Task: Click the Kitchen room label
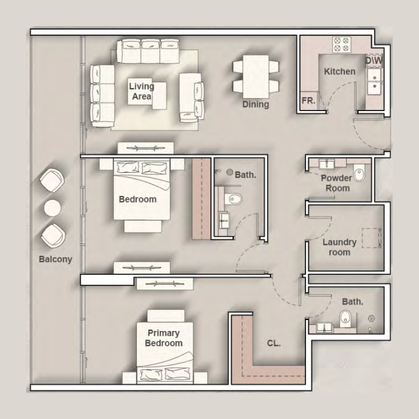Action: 339,71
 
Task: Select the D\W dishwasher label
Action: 374,61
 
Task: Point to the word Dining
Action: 256,104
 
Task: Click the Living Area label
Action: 141,91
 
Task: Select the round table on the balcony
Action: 53,208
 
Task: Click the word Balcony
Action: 55,259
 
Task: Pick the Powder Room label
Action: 336,183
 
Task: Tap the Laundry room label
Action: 339,247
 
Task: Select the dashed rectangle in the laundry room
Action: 372,238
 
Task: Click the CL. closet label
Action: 273,344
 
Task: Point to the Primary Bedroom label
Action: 163,338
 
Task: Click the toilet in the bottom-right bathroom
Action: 346,317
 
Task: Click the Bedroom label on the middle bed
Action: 138,200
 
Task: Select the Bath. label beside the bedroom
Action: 245,175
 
